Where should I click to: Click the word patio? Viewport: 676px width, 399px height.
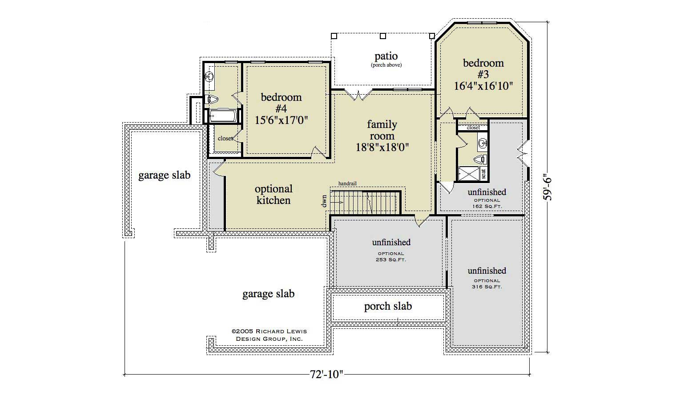[386, 56]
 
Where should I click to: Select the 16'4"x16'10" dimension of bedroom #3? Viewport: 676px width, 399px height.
[483, 86]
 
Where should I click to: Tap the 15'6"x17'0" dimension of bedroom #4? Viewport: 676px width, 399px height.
[281, 120]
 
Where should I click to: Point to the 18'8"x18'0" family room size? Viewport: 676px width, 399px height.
[382, 147]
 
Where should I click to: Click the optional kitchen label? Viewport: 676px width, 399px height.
[273, 195]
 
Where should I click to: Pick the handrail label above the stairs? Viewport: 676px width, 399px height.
[347, 183]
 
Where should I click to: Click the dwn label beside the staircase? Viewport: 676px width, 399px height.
[324, 201]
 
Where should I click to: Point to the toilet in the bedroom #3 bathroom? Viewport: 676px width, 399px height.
[481, 159]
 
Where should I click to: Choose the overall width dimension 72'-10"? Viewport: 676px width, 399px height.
[326, 375]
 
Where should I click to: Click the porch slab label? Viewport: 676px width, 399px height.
[388, 306]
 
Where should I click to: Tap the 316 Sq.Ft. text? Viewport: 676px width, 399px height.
[487, 287]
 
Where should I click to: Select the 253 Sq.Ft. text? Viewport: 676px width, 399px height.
[391, 259]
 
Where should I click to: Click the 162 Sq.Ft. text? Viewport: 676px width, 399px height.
[487, 206]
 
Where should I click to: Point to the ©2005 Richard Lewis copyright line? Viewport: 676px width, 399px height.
[269, 331]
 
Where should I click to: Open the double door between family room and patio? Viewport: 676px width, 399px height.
[358, 94]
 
